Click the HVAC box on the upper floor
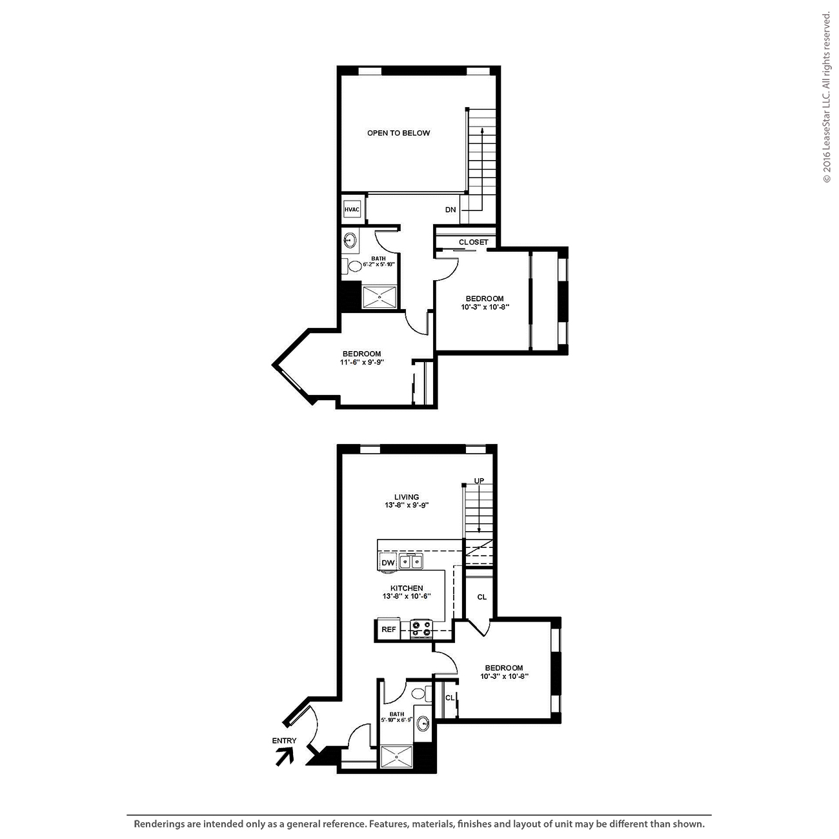(x=352, y=209)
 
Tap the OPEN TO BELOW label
(x=398, y=133)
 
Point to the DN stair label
(x=450, y=209)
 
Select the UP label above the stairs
(x=479, y=481)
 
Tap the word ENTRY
(x=284, y=741)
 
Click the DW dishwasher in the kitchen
(x=388, y=563)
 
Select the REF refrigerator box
(x=389, y=629)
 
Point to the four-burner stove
(x=421, y=629)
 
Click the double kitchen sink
(x=411, y=561)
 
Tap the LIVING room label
(x=407, y=497)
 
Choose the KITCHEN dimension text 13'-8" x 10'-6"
(x=407, y=596)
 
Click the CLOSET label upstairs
(x=473, y=242)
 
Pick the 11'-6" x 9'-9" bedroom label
(x=362, y=362)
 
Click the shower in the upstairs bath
(x=379, y=297)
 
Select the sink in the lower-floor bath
(x=423, y=723)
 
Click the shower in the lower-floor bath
(x=396, y=756)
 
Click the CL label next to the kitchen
(x=481, y=597)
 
